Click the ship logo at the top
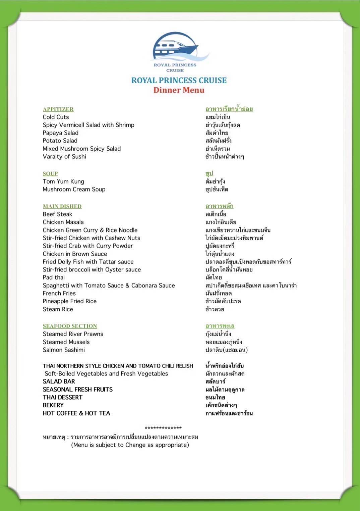(176, 49)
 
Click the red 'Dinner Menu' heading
(179, 90)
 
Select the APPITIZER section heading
(58, 109)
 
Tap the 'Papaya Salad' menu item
(60, 133)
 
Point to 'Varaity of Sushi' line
(64, 157)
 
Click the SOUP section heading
(50, 173)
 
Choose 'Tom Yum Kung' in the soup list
(63, 182)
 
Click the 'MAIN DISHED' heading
(62, 206)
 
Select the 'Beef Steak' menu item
(57, 214)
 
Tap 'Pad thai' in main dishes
(54, 277)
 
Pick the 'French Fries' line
(59, 293)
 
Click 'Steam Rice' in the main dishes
(58, 309)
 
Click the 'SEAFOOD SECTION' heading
(70, 326)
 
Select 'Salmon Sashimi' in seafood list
(64, 350)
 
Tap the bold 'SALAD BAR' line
(59, 381)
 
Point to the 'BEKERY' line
(53, 405)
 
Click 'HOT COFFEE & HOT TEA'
(76, 413)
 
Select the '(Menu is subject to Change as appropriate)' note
(130, 445)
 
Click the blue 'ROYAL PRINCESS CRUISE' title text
(179, 81)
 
